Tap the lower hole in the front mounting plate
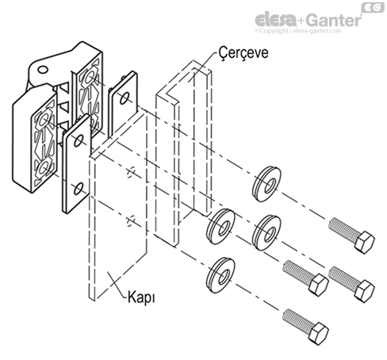pos(77,188)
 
